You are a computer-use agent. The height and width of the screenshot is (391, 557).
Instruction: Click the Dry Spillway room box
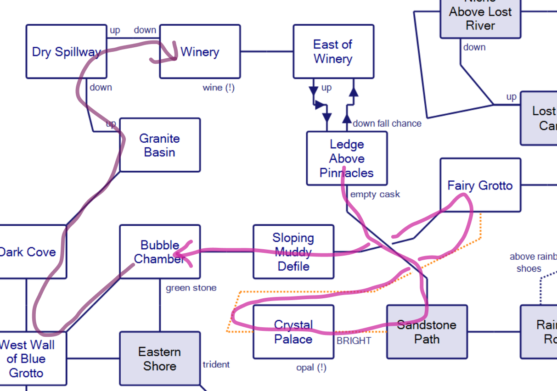coord(66,51)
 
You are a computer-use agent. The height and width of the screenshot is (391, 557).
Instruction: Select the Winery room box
coord(200,51)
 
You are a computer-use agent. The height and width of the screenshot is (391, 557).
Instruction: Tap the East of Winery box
coord(333,51)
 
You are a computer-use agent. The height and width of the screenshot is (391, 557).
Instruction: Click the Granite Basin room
coord(160,145)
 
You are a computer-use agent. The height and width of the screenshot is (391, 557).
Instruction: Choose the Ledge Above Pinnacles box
coord(347,158)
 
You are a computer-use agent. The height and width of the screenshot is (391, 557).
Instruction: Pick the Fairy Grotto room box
coord(480,185)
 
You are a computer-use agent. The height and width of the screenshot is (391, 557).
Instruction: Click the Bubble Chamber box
coord(160,251)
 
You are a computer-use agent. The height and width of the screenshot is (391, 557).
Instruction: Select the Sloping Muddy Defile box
coord(293,251)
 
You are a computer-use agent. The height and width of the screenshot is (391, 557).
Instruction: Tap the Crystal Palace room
coord(293,332)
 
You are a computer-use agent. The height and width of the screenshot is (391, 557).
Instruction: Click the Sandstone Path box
coord(427,332)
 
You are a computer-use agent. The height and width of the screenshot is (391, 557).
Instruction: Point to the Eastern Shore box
coord(160,358)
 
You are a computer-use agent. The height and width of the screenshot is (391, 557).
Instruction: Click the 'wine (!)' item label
coord(219,87)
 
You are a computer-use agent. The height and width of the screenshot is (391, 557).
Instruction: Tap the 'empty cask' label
coord(375,194)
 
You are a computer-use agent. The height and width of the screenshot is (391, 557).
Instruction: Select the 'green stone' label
coord(191,288)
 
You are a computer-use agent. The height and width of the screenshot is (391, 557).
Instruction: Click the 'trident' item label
coord(216,364)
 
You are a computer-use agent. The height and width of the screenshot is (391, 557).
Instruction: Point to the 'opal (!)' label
coord(312,367)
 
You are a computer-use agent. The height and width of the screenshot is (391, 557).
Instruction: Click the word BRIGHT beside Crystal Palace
coord(354,341)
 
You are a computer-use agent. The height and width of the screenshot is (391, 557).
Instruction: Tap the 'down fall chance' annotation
coord(387,123)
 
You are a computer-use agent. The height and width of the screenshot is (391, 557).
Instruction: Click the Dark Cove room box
coord(30,251)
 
